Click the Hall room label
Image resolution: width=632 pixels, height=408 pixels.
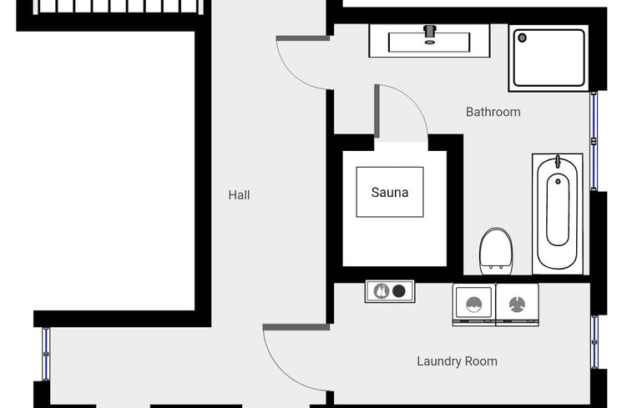[x=239, y=195]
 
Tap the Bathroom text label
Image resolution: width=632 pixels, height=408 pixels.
[x=493, y=112]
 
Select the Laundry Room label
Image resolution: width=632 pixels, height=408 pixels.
[x=457, y=361]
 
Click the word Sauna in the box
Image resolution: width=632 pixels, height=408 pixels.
[x=390, y=193]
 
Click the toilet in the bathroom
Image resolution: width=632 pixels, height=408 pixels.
[x=496, y=251]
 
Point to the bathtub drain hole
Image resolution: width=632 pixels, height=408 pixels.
[x=558, y=182]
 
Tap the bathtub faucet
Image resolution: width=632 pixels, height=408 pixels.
[x=558, y=162]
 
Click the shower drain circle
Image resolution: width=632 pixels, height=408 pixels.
[x=522, y=38]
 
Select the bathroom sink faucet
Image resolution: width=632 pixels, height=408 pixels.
[x=430, y=31]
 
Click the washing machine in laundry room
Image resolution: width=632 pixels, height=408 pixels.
[x=474, y=305]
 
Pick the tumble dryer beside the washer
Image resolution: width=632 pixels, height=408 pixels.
[x=517, y=305]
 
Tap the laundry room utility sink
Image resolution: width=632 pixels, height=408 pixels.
[x=389, y=291]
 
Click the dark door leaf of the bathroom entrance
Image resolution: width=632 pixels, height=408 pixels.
[x=303, y=38]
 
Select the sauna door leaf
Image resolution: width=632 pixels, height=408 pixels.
[x=377, y=111]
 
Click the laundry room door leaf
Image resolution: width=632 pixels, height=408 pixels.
[x=296, y=327]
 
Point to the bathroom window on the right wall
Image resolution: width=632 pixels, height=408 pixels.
[x=594, y=141]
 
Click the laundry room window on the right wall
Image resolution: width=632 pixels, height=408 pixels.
[x=594, y=342]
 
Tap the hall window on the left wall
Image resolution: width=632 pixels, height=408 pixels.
[x=46, y=354]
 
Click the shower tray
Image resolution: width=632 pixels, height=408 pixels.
[x=549, y=58]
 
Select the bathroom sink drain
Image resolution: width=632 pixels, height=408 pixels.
[x=430, y=43]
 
